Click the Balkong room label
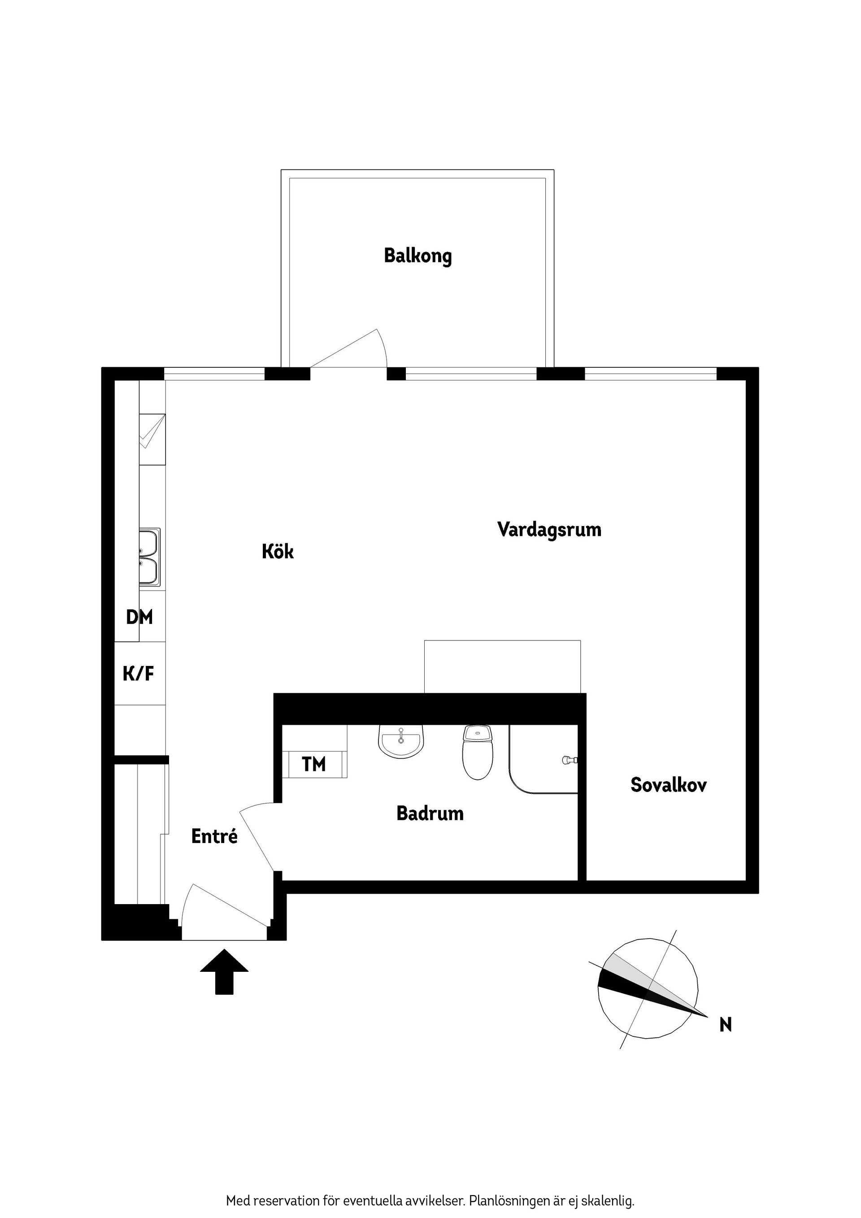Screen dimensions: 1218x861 tap(417, 256)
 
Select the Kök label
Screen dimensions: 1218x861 tap(278, 552)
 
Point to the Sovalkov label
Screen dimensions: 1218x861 tap(669, 785)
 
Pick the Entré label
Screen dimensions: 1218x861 tap(214, 836)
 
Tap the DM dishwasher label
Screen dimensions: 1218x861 tap(139, 617)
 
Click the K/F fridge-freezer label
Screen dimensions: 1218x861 tap(139, 674)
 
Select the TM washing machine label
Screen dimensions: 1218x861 tap(313, 765)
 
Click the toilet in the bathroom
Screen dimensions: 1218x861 tap(478, 753)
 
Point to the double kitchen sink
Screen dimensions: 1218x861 tap(149, 557)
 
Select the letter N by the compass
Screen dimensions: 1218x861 tap(725, 1024)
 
